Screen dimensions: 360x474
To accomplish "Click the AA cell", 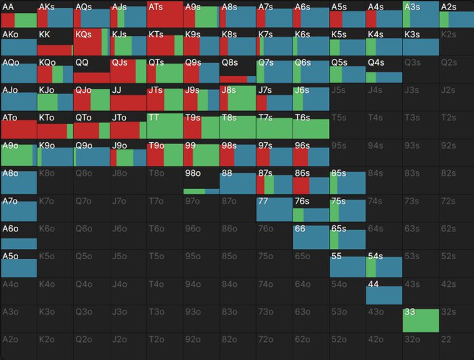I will point(18,14).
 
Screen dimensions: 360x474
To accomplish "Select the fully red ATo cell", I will point(18,125).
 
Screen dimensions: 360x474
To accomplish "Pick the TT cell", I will point(165,125).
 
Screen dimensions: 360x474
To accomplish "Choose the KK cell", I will point(55,42).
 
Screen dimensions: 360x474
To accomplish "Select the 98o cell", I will point(201,181).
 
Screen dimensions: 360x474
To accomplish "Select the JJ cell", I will point(128,97).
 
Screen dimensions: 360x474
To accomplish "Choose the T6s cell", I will point(311,125).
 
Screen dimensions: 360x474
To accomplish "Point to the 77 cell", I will point(274,208).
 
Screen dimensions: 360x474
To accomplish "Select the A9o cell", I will point(18,153).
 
